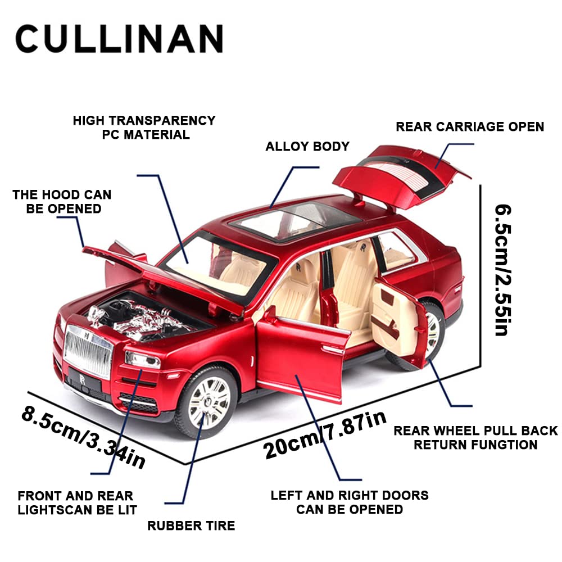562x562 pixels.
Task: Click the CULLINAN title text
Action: tap(119, 39)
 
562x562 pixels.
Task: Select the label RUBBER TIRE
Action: tap(191, 526)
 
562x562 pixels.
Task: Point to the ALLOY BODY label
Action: tap(307, 147)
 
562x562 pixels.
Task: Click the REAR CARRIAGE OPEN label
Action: tap(470, 126)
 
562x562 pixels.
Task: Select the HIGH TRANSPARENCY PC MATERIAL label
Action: tap(144, 127)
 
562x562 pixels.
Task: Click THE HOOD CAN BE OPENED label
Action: tap(62, 202)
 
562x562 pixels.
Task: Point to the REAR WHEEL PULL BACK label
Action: tap(475, 438)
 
